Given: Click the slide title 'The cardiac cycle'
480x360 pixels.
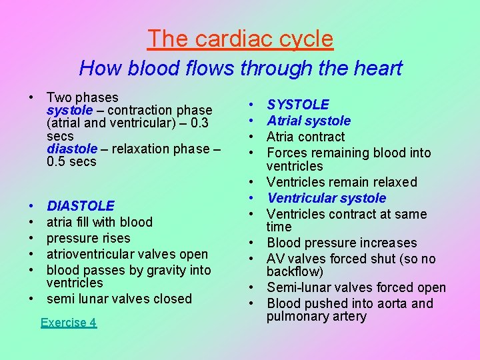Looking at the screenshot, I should tap(240, 39).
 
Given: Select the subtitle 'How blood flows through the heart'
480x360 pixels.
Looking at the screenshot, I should tap(240, 68).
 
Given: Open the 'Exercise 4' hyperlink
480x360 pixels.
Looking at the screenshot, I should tap(68, 323).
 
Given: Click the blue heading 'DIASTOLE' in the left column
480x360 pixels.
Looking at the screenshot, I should tap(81, 206).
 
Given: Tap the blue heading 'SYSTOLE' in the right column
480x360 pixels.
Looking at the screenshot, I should tap(298, 105).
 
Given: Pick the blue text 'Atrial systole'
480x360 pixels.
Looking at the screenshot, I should tap(309, 121).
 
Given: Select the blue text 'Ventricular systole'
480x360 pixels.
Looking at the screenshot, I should tap(326, 198).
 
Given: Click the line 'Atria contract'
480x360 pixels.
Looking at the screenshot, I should tap(305, 137).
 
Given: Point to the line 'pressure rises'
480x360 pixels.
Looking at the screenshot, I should tap(89, 238).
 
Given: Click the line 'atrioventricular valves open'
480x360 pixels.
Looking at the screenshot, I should tap(127, 254).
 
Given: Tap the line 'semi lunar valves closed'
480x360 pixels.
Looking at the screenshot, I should tap(119, 299).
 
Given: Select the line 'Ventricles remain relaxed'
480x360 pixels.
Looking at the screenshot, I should tap(342, 182).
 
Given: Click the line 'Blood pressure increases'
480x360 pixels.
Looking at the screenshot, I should tap(341, 243).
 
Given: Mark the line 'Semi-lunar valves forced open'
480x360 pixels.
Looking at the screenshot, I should tap(356, 287).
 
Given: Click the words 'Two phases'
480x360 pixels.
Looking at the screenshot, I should tap(83, 97).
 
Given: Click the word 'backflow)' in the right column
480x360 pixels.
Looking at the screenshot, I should tap(295, 271).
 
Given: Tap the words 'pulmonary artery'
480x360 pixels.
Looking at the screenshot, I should tap(317, 316).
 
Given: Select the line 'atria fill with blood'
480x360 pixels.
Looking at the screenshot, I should tap(99, 222).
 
